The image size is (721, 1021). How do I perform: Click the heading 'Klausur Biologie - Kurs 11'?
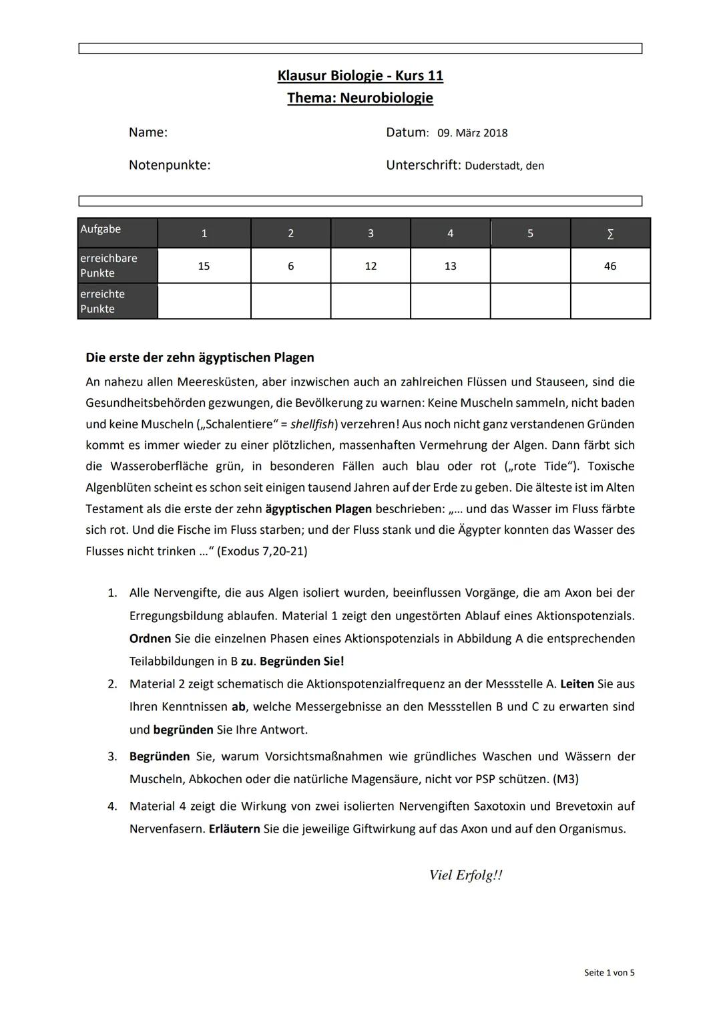(360, 76)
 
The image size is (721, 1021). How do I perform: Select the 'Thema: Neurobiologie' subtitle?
(360, 98)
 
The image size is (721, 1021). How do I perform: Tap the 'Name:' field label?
(148, 132)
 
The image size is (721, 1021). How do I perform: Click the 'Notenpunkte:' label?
(169, 165)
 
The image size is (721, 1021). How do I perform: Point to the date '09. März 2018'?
(472, 133)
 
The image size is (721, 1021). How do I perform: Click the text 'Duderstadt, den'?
(504, 166)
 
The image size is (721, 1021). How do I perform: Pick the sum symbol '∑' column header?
(610, 234)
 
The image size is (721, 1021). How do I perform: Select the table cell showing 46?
(610, 266)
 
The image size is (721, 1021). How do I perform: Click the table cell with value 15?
(204, 266)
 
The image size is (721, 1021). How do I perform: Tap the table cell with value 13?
(450, 266)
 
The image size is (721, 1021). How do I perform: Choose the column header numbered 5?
(530, 234)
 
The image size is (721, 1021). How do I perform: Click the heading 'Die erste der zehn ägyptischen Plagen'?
(200, 357)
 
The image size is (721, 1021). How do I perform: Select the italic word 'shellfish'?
(312, 424)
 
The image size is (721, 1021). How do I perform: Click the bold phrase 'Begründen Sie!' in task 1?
(302, 662)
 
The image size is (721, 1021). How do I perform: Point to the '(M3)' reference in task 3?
(565, 779)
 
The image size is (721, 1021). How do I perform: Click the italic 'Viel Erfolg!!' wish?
(465, 875)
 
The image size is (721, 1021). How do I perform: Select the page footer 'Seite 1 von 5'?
(609, 973)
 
